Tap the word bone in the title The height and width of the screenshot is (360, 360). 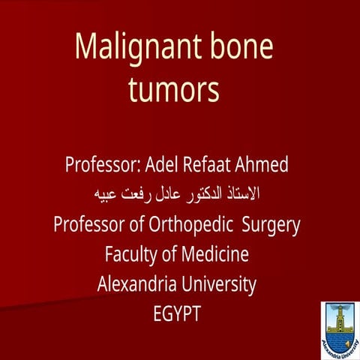pyautogui.click(x=240, y=47)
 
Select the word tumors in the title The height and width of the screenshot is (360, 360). pyautogui.click(x=173, y=90)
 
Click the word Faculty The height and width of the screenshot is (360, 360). pyautogui.click(x=130, y=255)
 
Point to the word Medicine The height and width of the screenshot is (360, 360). pyautogui.click(x=211, y=255)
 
